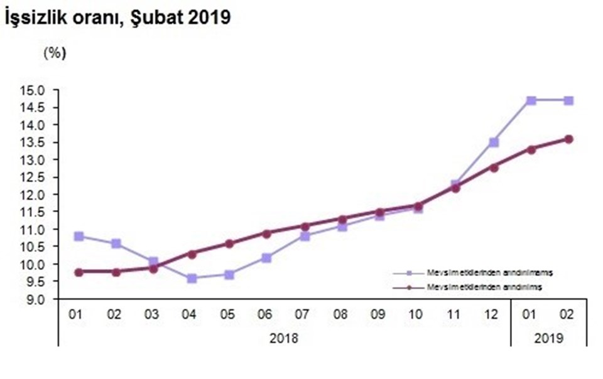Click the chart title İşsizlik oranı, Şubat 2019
(x=117, y=19)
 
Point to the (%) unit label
(x=54, y=53)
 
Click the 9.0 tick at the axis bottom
(x=36, y=299)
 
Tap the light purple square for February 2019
(x=568, y=100)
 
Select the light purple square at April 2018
(x=192, y=278)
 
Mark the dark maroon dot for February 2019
(x=568, y=139)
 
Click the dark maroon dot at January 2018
(x=78, y=272)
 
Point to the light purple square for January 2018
(x=78, y=237)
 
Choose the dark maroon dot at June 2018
(x=266, y=233)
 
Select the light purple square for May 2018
(x=229, y=275)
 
